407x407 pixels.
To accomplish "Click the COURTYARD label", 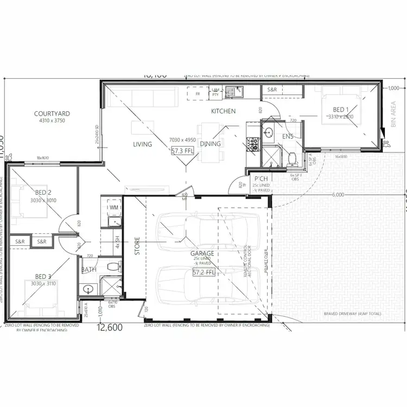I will pyautogui.click(x=52, y=113).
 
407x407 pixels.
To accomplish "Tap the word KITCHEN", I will pyautogui.click(x=224, y=111).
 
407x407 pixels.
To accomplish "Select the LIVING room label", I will pyautogui.click(x=143, y=144).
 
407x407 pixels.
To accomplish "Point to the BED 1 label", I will pyautogui.click(x=340, y=109).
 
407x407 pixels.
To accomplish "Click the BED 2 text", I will pyautogui.click(x=43, y=193).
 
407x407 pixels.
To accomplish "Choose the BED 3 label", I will pyautogui.click(x=43, y=276).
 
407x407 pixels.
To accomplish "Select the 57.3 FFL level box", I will pyautogui.click(x=182, y=151).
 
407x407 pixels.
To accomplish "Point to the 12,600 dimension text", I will pyautogui.click(x=110, y=327).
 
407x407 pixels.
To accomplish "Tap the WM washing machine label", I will pyautogui.click(x=113, y=207).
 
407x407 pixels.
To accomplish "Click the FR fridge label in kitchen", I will pyautogui.click(x=198, y=93).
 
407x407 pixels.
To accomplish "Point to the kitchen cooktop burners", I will pyautogui.click(x=253, y=143).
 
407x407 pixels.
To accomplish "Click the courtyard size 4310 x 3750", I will pyautogui.click(x=52, y=120).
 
